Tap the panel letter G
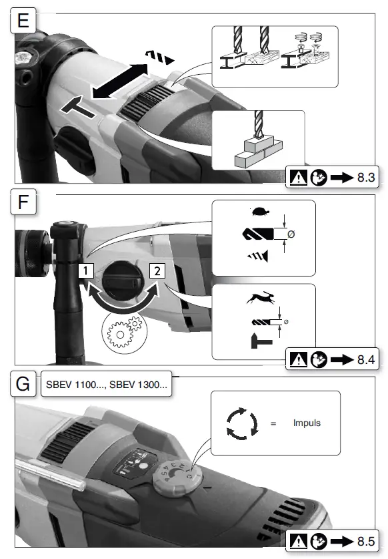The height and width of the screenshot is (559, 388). [x=23, y=386]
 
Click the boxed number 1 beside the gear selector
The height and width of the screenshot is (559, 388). [x=85, y=270]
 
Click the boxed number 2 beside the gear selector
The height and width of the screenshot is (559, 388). [x=157, y=270]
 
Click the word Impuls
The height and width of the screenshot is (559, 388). [x=307, y=423]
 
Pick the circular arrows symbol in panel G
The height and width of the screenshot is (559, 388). [x=241, y=423]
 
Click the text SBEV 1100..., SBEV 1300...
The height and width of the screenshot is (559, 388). [x=107, y=386]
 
